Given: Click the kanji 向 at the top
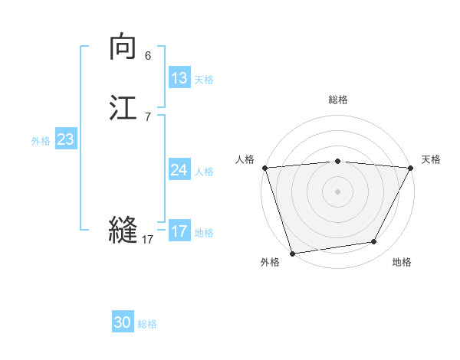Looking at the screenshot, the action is (123, 47).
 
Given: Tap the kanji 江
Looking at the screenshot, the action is (123, 107).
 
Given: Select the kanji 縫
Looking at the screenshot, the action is (123, 229).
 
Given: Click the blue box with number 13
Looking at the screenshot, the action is (179, 78).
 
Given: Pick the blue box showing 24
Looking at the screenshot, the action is (179, 170).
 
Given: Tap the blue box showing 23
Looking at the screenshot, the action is (65, 139).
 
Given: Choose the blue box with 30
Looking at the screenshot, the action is (123, 322).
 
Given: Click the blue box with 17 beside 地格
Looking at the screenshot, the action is (179, 231).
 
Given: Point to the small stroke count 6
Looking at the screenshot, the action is (148, 56).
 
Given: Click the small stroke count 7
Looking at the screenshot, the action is (148, 117).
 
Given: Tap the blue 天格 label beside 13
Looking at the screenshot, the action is (204, 80).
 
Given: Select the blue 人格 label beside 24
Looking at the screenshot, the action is (204, 172).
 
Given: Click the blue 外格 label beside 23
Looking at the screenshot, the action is (41, 141).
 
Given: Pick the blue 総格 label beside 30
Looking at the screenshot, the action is (147, 324).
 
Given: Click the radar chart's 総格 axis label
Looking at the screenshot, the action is (337, 100).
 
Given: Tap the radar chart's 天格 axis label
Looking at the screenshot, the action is (431, 159).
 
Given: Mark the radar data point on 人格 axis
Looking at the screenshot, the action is (264, 167).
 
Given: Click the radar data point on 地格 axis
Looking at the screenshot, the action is (374, 242).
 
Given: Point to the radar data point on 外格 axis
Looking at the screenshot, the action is (292, 253).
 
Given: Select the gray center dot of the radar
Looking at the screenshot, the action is (337, 191).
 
